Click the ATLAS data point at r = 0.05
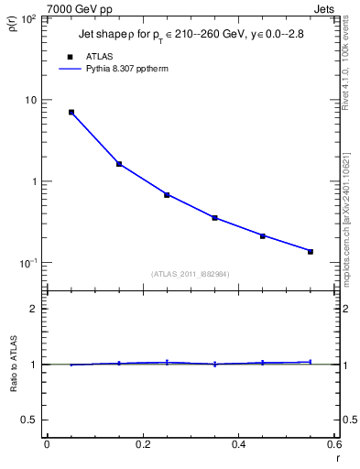71,113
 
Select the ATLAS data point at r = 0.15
119,164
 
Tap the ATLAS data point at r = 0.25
167,195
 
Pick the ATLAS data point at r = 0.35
214,218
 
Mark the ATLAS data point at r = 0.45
262,236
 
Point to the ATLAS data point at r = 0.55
311,251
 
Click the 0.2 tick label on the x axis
142,445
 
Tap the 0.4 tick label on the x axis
238,445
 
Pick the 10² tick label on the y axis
28,19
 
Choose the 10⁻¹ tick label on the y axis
28,263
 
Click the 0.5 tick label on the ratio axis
31,420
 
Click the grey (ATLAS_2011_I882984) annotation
190,275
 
